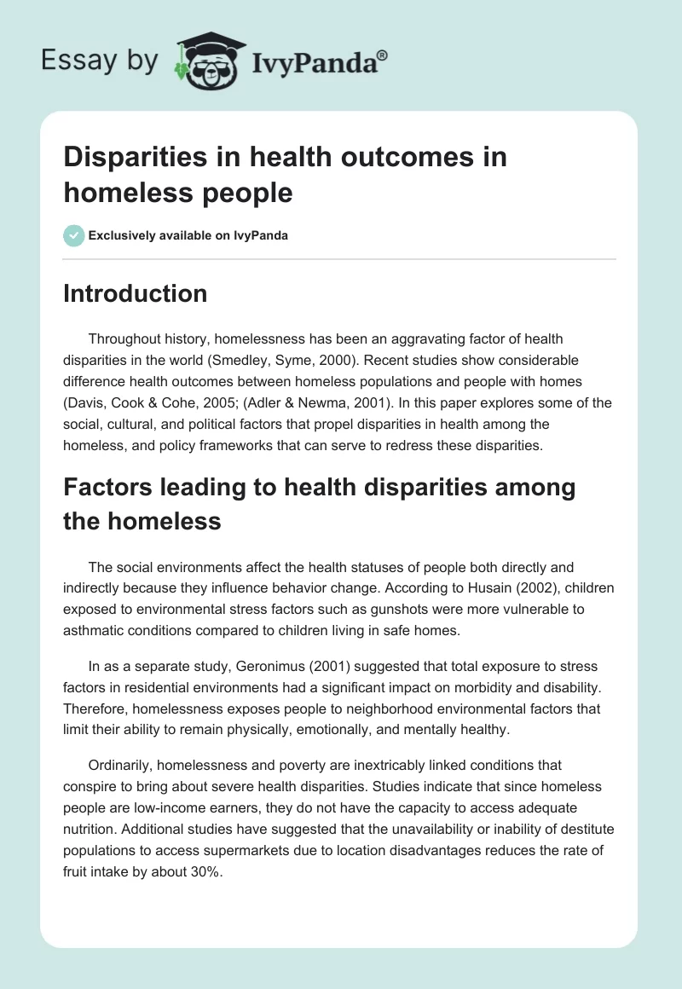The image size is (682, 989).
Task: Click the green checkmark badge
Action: [x=74, y=235]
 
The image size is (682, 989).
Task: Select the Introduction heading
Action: [x=135, y=294]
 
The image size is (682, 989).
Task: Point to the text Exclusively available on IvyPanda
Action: [x=188, y=236]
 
